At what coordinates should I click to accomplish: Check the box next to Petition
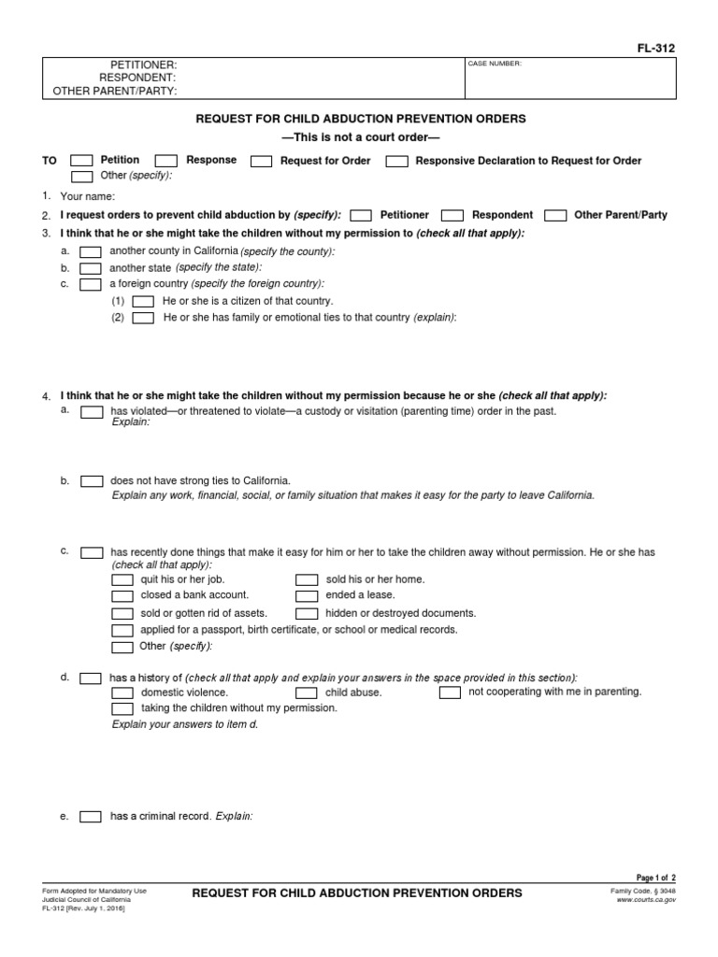click(81, 161)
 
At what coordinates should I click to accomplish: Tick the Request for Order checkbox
click(262, 161)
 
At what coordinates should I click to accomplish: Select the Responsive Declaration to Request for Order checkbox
click(396, 161)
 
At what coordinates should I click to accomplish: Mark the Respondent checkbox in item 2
click(452, 215)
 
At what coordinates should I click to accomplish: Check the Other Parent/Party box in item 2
click(555, 215)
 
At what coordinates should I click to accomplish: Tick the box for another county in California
click(91, 252)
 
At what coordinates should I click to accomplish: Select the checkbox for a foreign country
click(91, 284)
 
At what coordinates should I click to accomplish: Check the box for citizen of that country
click(143, 302)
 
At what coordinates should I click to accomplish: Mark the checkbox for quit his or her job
click(122, 579)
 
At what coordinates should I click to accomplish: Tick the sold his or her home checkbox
click(307, 579)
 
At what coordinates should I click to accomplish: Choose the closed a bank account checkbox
click(122, 595)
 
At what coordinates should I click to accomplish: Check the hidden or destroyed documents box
click(307, 614)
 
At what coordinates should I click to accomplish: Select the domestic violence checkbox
click(122, 693)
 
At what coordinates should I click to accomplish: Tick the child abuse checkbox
click(307, 693)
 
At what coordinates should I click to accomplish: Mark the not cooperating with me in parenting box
click(450, 693)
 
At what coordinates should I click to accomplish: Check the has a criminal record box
click(91, 816)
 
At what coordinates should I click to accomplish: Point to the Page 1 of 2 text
click(656, 878)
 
